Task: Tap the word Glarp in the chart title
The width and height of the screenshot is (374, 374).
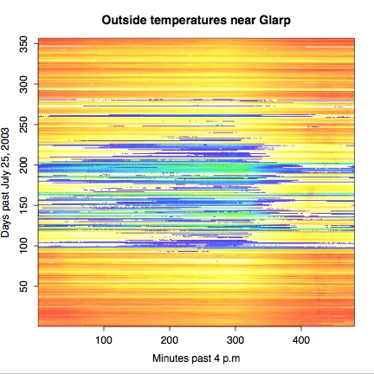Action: coord(274,21)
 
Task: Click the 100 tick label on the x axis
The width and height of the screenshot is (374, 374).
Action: coord(104,340)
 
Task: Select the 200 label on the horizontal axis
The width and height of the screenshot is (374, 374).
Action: coord(170,340)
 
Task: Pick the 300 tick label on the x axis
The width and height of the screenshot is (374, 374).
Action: coord(235,340)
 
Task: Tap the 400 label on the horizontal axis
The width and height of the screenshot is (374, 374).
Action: coord(301,340)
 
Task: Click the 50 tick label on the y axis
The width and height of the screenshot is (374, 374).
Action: coord(23,287)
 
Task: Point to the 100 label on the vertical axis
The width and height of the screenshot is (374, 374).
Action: coord(23,246)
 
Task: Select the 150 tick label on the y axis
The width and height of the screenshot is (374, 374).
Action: coord(23,205)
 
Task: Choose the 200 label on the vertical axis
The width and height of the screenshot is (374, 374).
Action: coord(23,164)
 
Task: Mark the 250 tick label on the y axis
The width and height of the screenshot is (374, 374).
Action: coord(23,125)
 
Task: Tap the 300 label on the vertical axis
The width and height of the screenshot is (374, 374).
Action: coord(23,84)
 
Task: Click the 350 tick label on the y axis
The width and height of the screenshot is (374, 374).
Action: coord(23,44)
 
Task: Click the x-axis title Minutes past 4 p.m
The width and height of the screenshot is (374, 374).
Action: coord(197,358)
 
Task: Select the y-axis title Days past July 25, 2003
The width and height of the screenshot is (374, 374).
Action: coord(5,183)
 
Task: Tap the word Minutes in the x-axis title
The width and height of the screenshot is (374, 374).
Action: coord(171,358)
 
